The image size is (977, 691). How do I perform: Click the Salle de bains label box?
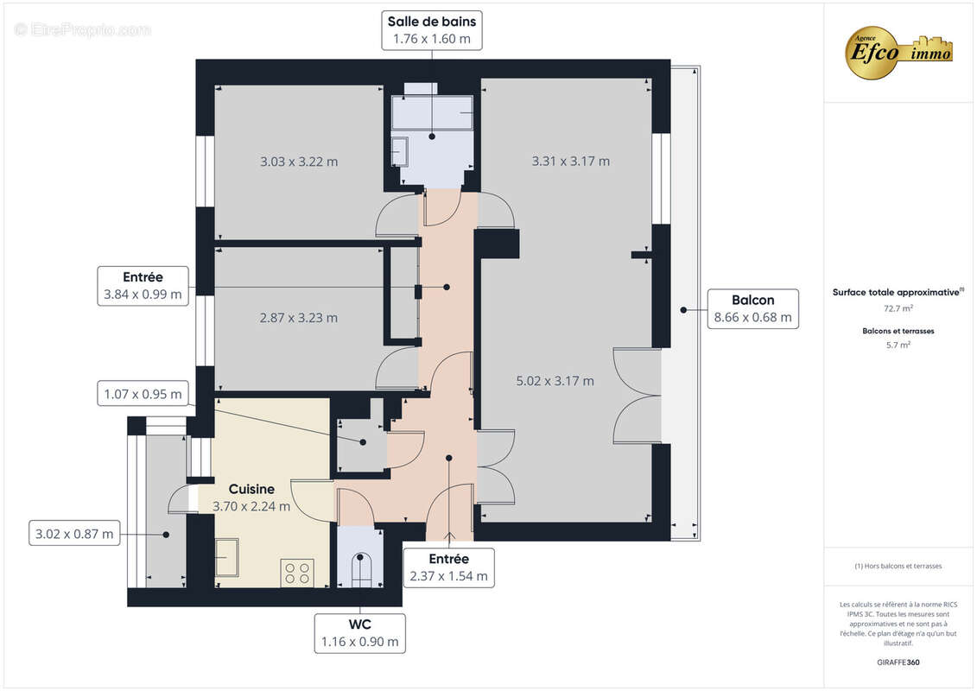[432, 29]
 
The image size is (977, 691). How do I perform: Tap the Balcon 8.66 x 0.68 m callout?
[752, 308]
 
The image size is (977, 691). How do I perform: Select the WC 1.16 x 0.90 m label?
[359, 632]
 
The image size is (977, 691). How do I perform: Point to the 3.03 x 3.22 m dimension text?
[299, 162]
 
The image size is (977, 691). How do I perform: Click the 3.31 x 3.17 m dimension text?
[570, 161]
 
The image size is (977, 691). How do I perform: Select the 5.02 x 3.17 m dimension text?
[555, 380]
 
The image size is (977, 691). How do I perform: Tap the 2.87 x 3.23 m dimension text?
[299, 318]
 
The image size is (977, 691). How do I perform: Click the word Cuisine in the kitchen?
[251, 489]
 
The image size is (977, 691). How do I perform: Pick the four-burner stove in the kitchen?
[297, 573]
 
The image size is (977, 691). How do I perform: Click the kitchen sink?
[226, 557]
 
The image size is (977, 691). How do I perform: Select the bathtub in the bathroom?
[432, 113]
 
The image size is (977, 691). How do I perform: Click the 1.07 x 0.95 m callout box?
[143, 395]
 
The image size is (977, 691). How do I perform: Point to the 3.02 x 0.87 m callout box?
[74, 533]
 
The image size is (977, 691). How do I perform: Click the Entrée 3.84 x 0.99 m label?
[143, 286]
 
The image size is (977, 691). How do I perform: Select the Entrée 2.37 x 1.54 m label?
[448, 567]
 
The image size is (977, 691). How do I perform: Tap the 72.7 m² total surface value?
[898, 307]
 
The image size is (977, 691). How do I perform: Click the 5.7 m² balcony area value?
[898, 345]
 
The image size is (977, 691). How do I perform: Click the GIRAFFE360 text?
[898, 662]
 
